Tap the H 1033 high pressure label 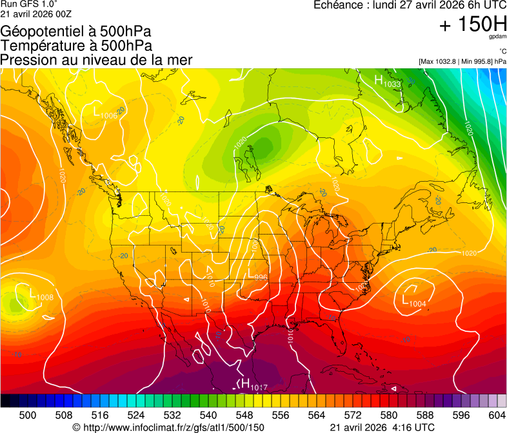(387, 81)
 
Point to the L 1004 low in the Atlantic (414, 302)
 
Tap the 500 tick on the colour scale (27, 416)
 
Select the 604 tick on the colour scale (497, 416)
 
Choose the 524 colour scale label (135, 416)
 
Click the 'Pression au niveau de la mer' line (96, 60)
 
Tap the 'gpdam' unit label (497, 37)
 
